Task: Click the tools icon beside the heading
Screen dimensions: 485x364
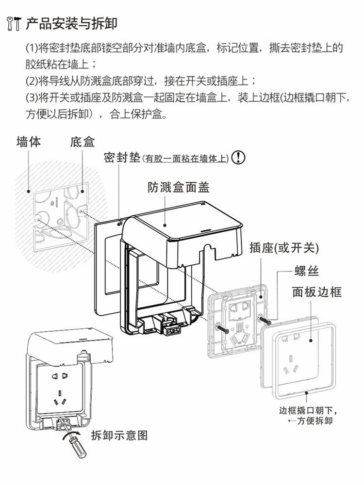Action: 14,23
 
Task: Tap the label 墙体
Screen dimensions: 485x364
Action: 29,142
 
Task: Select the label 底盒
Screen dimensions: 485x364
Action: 82,142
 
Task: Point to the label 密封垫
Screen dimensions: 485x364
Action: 122,158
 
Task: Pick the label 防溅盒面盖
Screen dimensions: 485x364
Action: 179,187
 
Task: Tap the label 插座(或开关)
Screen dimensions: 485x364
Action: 284,248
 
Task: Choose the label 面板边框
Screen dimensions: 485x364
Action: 316,291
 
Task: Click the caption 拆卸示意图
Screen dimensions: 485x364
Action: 119,435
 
